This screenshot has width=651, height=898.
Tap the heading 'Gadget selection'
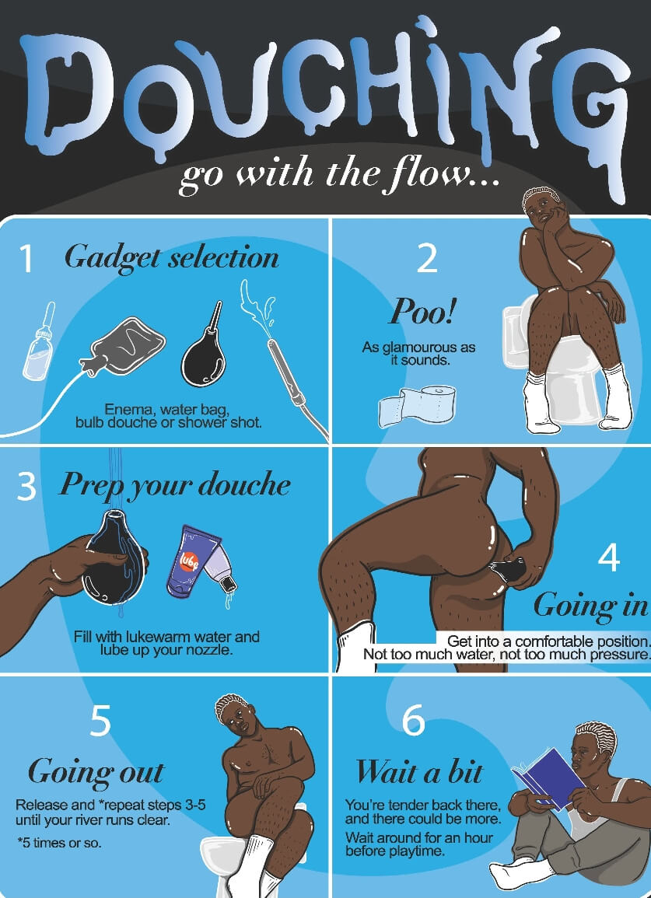pyautogui.click(x=172, y=257)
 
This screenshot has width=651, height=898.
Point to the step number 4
pyautogui.click(x=608, y=557)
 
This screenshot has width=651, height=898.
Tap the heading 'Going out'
pyautogui.click(x=96, y=772)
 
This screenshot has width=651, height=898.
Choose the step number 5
pyautogui.click(x=100, y=722)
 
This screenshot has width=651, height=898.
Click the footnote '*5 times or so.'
pyautogui.click(x=58, y=844)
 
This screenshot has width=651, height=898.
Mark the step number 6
pyautogui.click(x=413, y=721)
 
